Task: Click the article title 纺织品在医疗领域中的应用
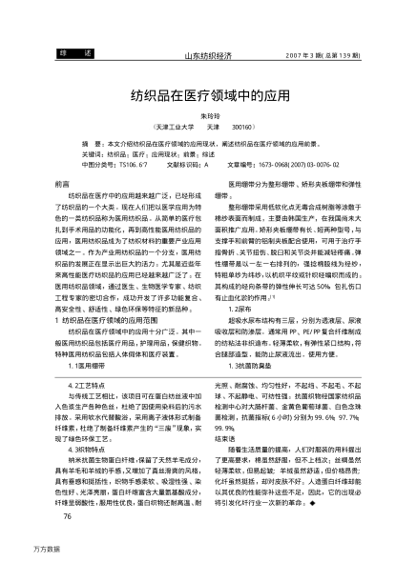click(208, 97)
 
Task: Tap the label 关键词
click(93, 151)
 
